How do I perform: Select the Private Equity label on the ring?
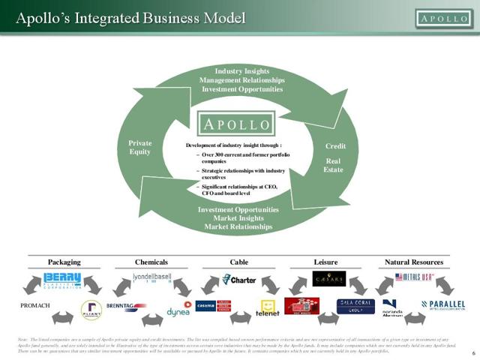coord(140,147)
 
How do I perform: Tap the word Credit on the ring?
coord(335,146)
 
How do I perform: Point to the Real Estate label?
coord(334,165)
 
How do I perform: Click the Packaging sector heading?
coord(64,262)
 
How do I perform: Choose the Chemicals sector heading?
coord(151,262)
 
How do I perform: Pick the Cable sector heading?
coord(239,262)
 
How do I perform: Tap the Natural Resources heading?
coord(413,262)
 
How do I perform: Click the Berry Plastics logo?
coord(62,280)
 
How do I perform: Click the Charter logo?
coord(239,280)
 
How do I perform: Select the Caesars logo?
coord(328,279)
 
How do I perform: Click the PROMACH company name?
coord(36,306)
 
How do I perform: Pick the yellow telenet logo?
coord(268,308)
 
